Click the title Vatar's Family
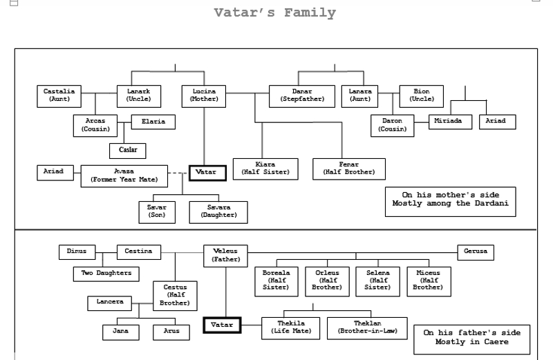274,13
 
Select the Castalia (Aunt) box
59,95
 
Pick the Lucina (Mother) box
204,95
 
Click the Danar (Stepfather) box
302,95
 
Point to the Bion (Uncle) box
422,95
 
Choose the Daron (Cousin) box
392,125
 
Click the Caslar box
128,150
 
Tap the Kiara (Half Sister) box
265,169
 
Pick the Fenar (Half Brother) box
349,169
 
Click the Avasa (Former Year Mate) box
124,176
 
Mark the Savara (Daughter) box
218,211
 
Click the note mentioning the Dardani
450,200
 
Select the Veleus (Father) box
225,255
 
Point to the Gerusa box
476,252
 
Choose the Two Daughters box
106,274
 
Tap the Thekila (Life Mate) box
291,328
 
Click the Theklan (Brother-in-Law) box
367,328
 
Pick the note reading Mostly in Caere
471,338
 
